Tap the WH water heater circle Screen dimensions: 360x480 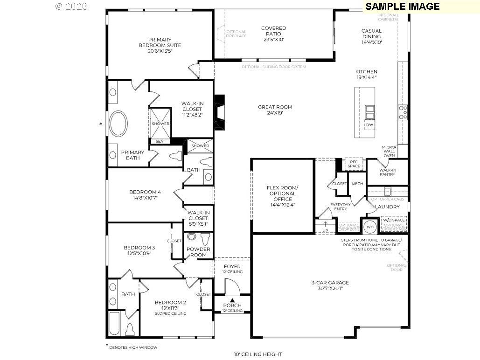pos(370,227)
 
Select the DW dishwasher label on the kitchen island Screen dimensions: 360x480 pos(369,125)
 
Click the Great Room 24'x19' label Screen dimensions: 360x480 pos(275,110)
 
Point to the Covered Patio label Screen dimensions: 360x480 pos(273,34)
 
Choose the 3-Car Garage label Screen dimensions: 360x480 pos(330,285)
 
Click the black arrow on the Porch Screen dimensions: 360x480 pos(232,299)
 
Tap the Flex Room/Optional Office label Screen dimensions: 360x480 pos(282,196)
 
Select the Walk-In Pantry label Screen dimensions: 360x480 pos(387,172)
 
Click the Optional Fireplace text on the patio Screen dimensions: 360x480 pos(236,34)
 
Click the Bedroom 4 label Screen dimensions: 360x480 pos(145,195)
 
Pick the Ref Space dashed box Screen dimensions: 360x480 pos(354,164)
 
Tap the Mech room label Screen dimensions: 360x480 pos(357,184)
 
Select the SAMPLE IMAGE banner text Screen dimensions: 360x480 pos(402,6)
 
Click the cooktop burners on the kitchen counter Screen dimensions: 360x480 pos(403,112)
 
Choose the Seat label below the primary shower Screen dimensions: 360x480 pos(160,141)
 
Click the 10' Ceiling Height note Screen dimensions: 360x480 pos(257,354)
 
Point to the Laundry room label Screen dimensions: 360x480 pos(387,207)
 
